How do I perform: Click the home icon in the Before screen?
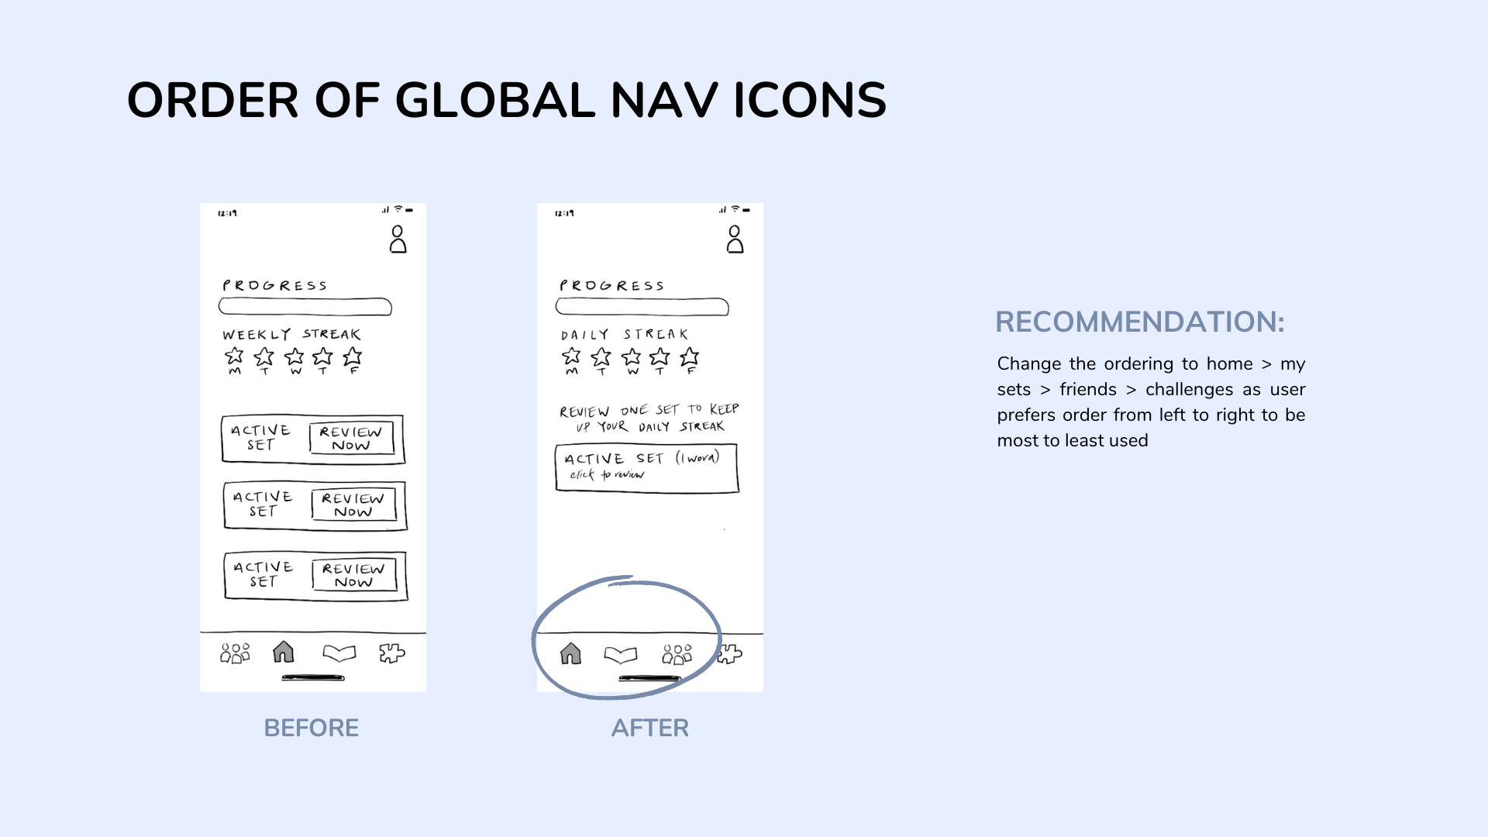coord(284,653)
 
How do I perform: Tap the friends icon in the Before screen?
coord(235,653)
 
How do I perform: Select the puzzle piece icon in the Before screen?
coord(392,653)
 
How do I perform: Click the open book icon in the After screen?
coord(620,656)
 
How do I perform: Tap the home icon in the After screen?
coord(570,654)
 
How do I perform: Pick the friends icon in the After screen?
coord(677,655)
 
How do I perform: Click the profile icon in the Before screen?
coord(398,239)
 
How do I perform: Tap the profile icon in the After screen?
coord(735,239)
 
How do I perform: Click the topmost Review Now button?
coord(351,438)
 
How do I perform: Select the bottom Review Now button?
coord(354,575)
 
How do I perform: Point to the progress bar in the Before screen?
coord(305,307)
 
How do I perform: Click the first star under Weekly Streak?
coord(234,356)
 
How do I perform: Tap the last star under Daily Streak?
coord(689,357)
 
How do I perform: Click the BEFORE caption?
coord(311,728)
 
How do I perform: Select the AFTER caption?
coord(649,728)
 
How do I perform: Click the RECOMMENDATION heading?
coord(1139,322)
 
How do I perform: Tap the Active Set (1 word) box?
coord(646,467)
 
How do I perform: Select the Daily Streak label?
coord(625,334)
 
